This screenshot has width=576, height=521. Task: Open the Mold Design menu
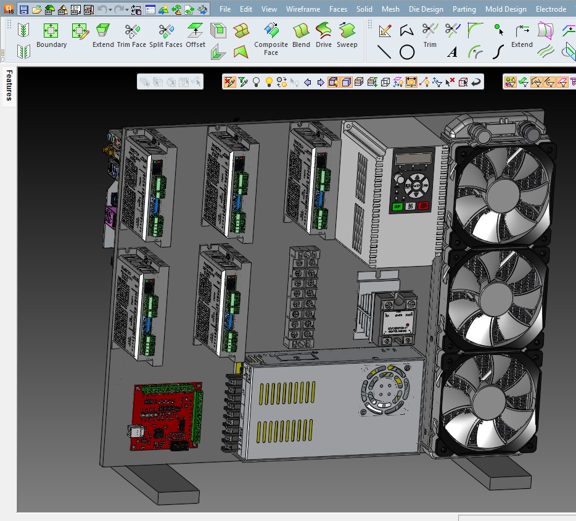pos(506,9)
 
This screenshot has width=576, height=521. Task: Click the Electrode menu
pos(551,9)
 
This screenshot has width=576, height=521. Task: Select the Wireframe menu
pos(303,9)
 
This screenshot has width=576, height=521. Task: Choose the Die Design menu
pos(426,9)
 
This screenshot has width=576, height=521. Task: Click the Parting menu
pos(464,9)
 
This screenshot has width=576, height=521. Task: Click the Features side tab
pos(9,85)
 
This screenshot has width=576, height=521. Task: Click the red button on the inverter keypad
pos(423,206)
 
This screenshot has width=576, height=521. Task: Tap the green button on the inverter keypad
pos(397,207)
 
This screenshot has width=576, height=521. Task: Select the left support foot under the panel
pos(162,484)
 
